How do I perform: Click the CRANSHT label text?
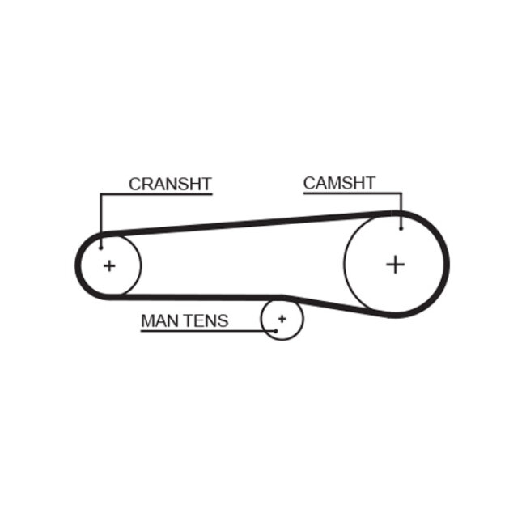pyautogui.click(x=170, y=184)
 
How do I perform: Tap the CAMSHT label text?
pyautogui.click(x=339, y=183)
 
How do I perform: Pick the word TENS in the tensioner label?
pyautogui.click(x=206, y=320)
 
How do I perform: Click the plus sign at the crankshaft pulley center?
pyautogui.click(x=109, y=265)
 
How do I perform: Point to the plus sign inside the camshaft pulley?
pyautogui.click(x=395, y=264)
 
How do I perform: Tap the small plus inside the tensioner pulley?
pyautogui.click(x=282, y=318)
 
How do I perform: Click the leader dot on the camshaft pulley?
pyautogui.click(x=401, y=227)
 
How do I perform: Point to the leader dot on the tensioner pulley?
pyautogui.click(x=275, y=331)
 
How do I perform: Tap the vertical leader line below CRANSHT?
pyautogui.click(x=101, y=218)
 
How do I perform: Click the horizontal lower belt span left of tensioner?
pyautogui.click(x=202, y=297)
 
